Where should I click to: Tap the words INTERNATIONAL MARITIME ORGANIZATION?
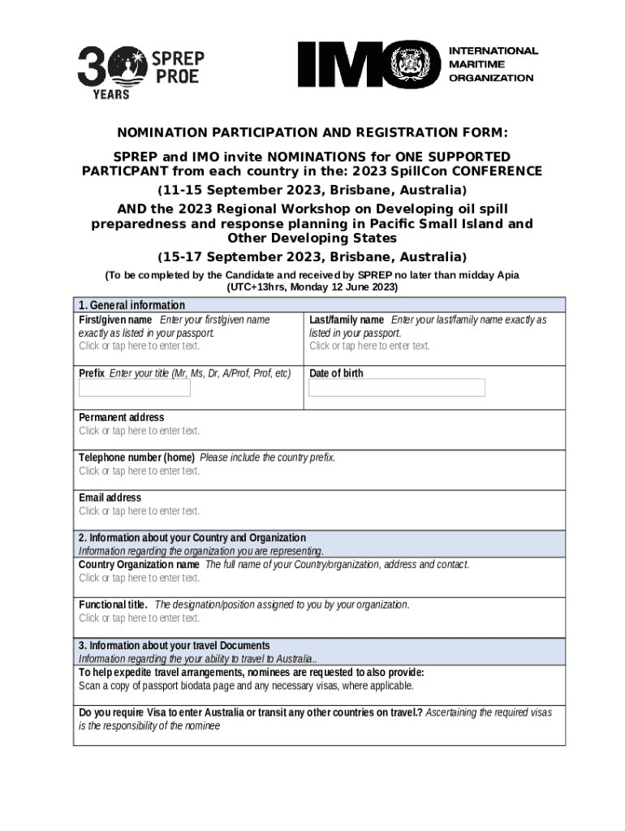click(x=492, y=64)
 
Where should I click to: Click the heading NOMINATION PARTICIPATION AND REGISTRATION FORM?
click(x=312, y=133)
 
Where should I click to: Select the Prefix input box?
click(x=134, y=388)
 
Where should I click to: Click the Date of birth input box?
click(x=396, y=388)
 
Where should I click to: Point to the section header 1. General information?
click(x=131, y=305)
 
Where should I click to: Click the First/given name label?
click(x=115, y=320)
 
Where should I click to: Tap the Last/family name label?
click(x=347, y=320)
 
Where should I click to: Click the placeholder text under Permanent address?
click(x=139, y=431)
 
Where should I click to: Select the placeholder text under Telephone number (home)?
click(x=139, y=471)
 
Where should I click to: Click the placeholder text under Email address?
click(x=139, y=511)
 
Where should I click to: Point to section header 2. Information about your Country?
click(x=192, y=537)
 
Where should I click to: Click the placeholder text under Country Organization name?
click(x=139, y=578)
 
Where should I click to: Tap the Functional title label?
click(x=113, y=605)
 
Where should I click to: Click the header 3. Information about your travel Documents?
click(x=174, y=645)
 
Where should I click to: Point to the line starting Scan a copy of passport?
click(x=245, y=686)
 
